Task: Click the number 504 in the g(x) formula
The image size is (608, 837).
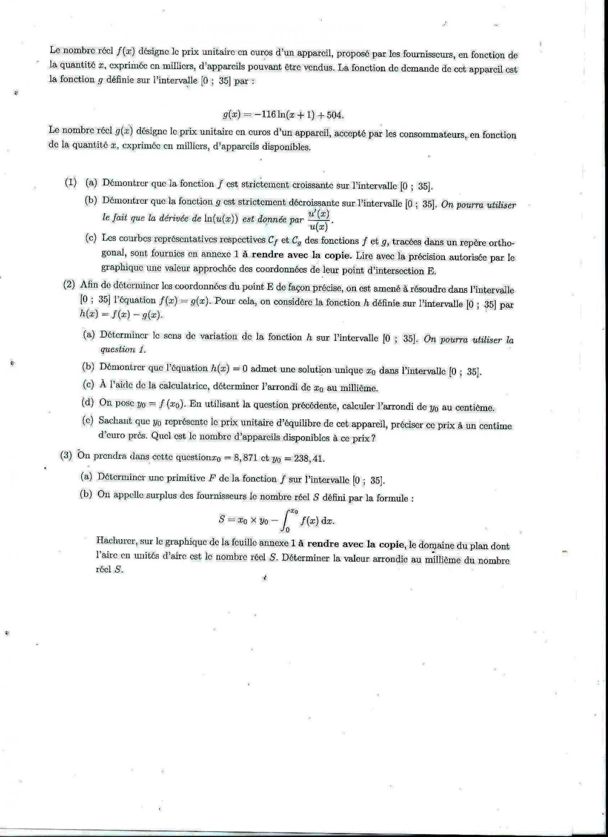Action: (x=335, y=116)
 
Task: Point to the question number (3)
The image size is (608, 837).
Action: (x=66, y=456)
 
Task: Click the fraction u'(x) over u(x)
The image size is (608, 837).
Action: (x=319, y=221)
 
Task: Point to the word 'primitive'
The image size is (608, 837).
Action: (x=186, y=478)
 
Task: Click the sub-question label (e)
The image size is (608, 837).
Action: (x=88, y=421)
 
